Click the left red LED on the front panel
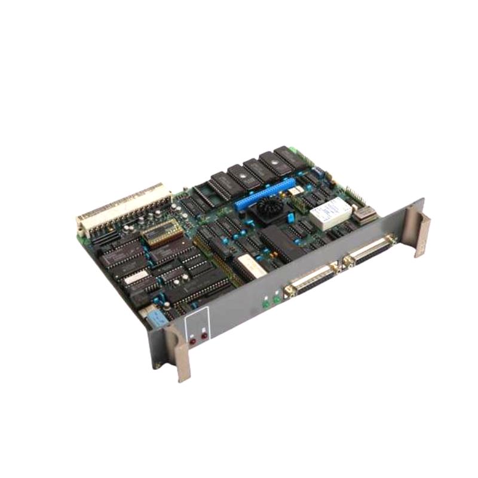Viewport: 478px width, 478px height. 193,341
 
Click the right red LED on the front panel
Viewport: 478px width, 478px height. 204,336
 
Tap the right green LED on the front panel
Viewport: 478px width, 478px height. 275,299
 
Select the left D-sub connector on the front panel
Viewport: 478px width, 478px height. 311,278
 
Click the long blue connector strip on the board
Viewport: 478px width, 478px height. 266,193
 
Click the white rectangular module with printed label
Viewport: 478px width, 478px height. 330,210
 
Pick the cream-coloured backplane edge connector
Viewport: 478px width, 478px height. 122,207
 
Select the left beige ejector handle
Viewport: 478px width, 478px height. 177,353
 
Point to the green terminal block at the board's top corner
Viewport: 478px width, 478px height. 294,151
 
